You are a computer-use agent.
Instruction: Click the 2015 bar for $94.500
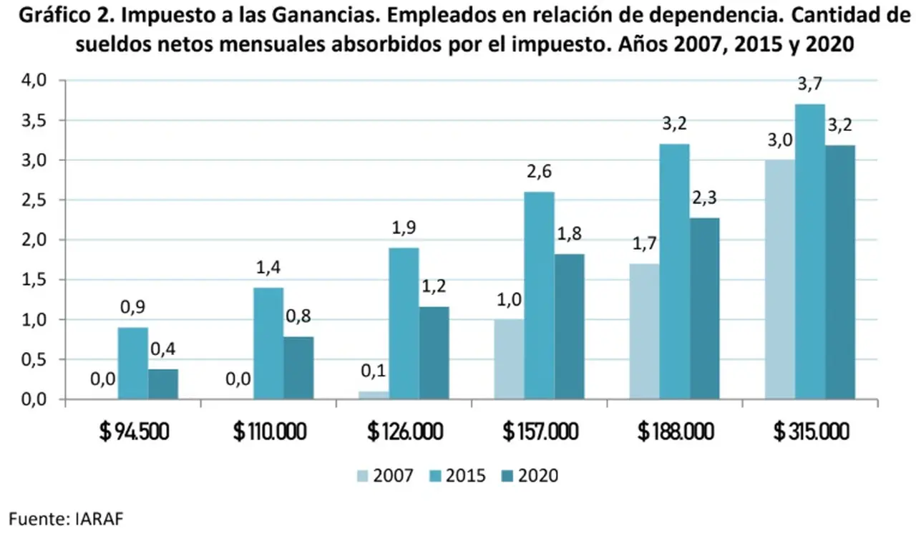133,364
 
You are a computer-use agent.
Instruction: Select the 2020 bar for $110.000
298,368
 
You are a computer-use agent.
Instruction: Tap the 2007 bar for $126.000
374,395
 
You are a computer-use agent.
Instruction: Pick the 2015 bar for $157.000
540,296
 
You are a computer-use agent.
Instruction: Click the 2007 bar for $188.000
645,331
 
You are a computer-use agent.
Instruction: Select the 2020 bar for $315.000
840,272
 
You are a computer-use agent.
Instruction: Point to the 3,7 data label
809,84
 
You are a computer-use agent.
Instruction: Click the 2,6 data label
540,172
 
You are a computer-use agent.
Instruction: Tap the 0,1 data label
374,371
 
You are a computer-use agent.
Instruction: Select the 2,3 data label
705,198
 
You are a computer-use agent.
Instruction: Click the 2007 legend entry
385,476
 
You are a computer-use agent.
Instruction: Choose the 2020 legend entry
530,476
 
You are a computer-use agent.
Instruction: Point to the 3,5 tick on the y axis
34,121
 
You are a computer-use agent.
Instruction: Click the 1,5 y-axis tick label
34,280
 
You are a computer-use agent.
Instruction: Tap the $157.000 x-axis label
540,432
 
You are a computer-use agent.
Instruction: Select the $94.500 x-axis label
134,432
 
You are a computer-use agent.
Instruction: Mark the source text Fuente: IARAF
66,519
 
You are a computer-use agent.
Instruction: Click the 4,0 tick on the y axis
34,80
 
